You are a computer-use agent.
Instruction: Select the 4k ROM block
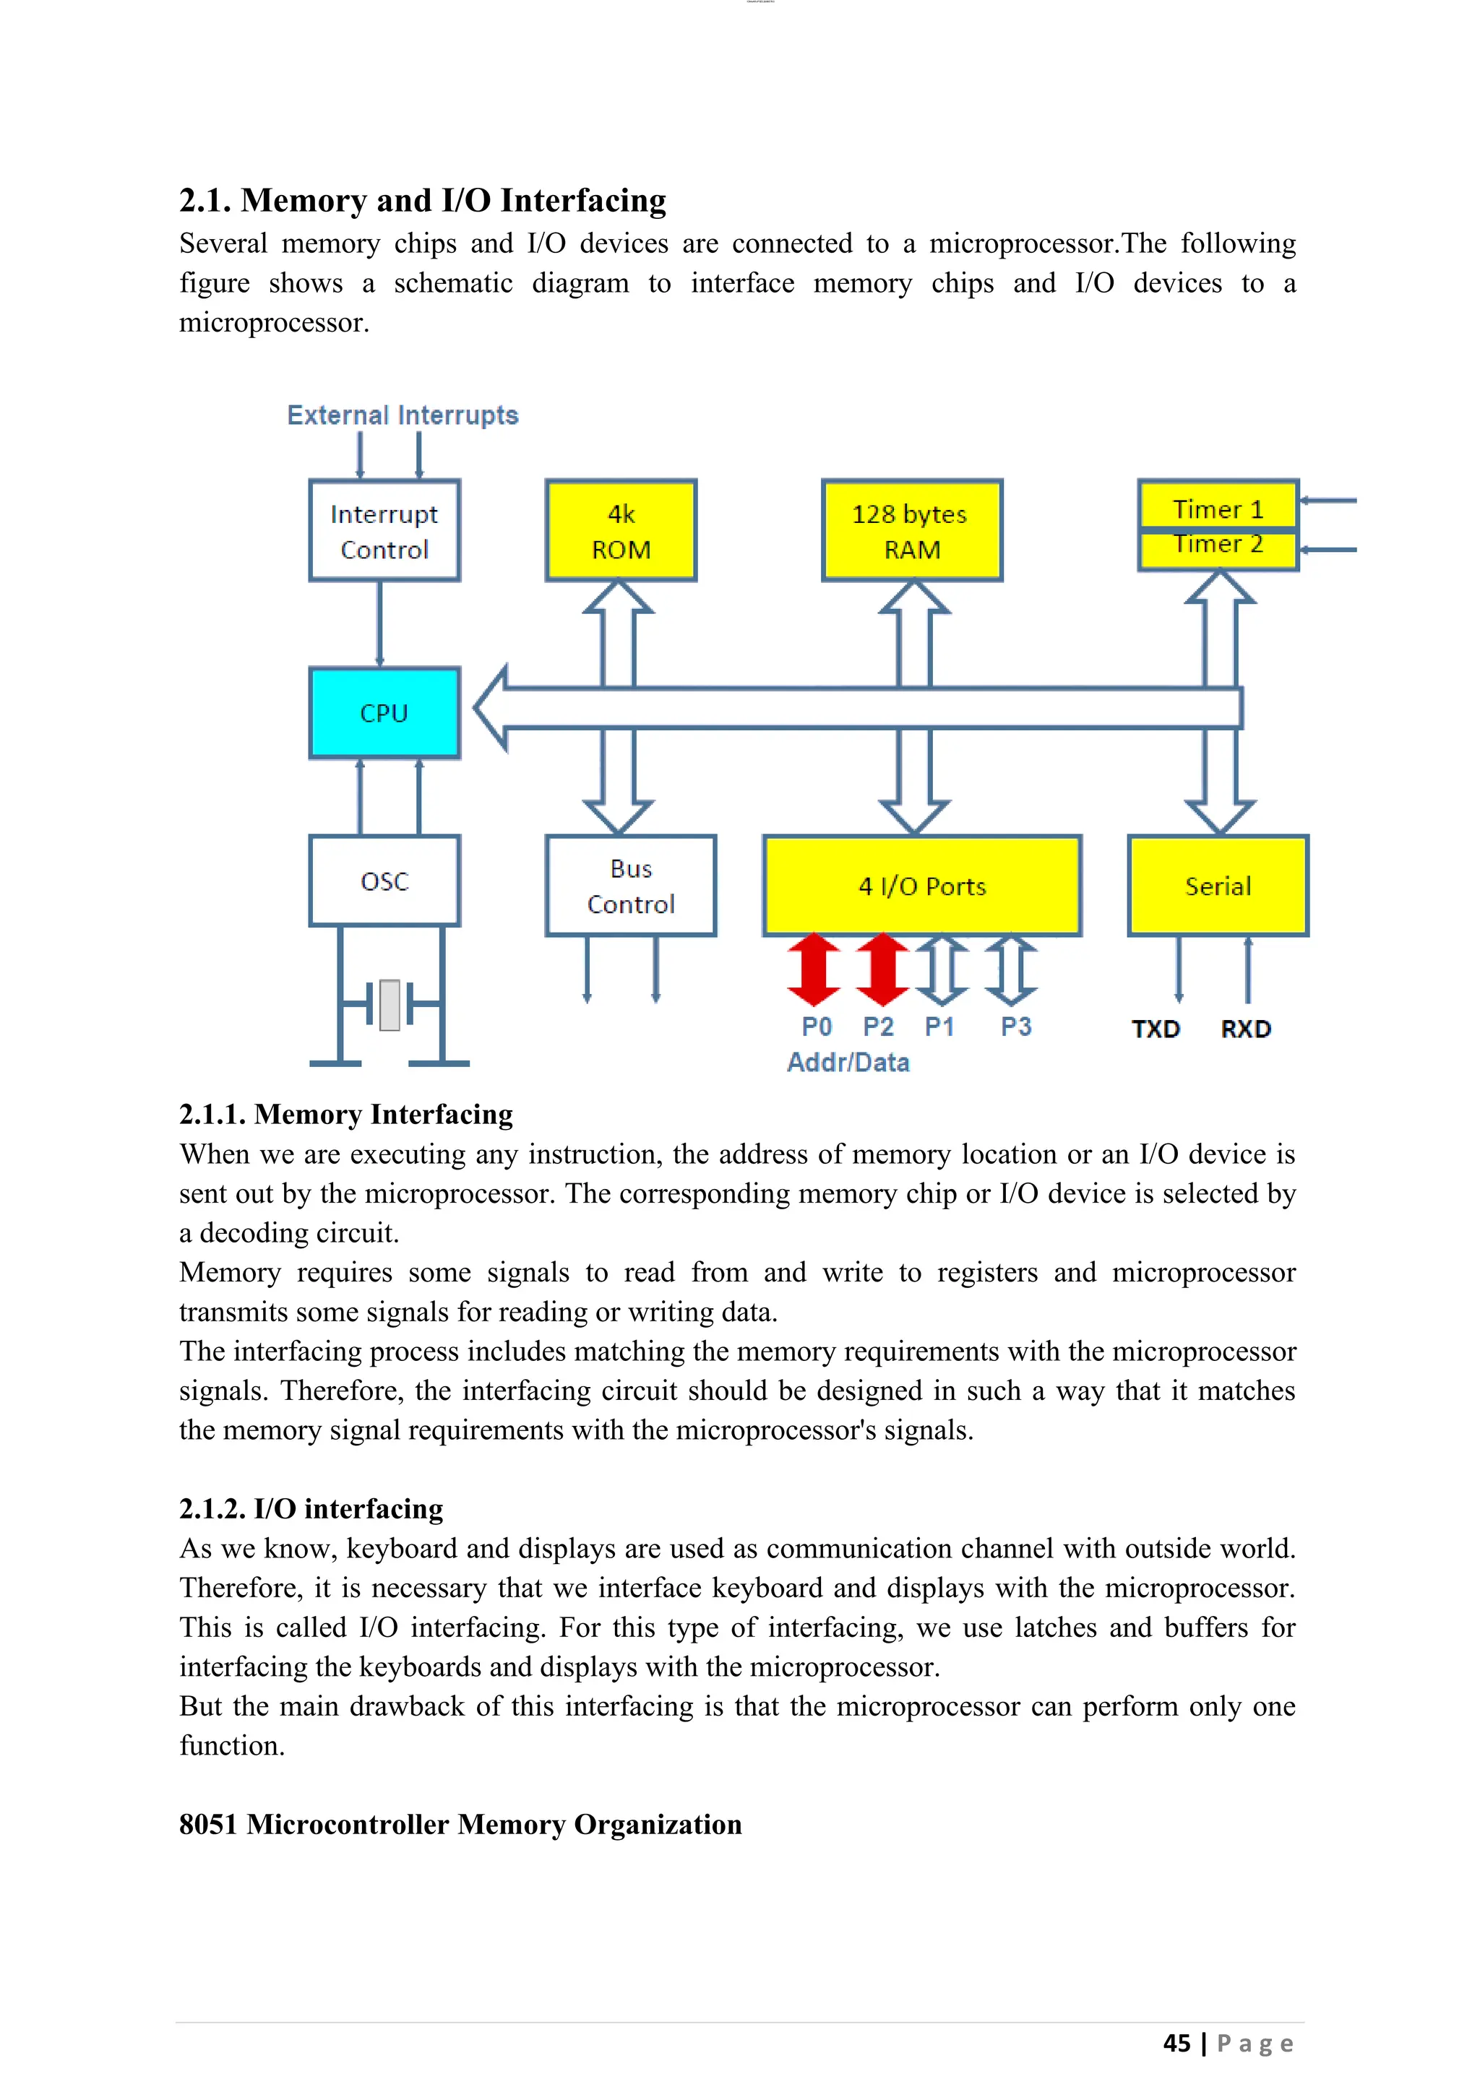click(621, 530)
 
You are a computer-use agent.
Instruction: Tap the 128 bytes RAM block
click(911, 530)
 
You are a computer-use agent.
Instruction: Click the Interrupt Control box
click(384, 530)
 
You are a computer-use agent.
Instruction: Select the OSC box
click(384, 881)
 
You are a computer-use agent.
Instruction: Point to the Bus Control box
click(631, 886)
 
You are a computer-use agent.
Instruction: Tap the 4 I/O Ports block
click(922, 886)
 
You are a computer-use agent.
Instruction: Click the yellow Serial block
click(1218, 886)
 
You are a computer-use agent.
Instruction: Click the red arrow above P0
click(814, 969)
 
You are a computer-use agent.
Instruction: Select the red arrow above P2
click(882, 969)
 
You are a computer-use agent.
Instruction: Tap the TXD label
click(1156, 1029)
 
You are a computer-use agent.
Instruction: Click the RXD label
click(1246, 1029)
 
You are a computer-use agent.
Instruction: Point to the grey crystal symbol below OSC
click(390, 1005)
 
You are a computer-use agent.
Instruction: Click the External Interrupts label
click(402, 415)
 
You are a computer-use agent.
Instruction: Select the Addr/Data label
click(848, 1063)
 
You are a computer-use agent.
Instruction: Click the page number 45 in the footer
click(1176, 2043)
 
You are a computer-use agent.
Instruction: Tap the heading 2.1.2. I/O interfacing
click(311, 1509)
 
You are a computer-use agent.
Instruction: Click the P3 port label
click(1015, 1027)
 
